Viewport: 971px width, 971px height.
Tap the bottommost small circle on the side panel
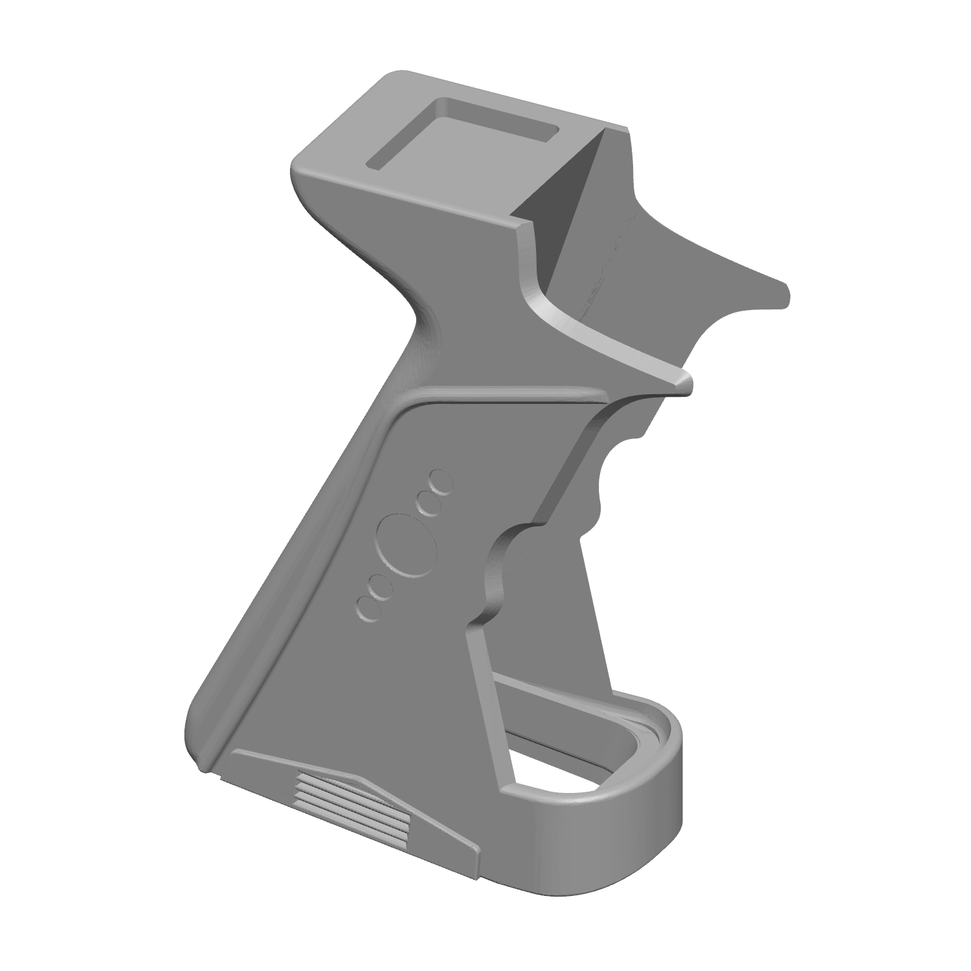368,608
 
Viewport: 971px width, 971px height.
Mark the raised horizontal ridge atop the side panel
505,393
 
